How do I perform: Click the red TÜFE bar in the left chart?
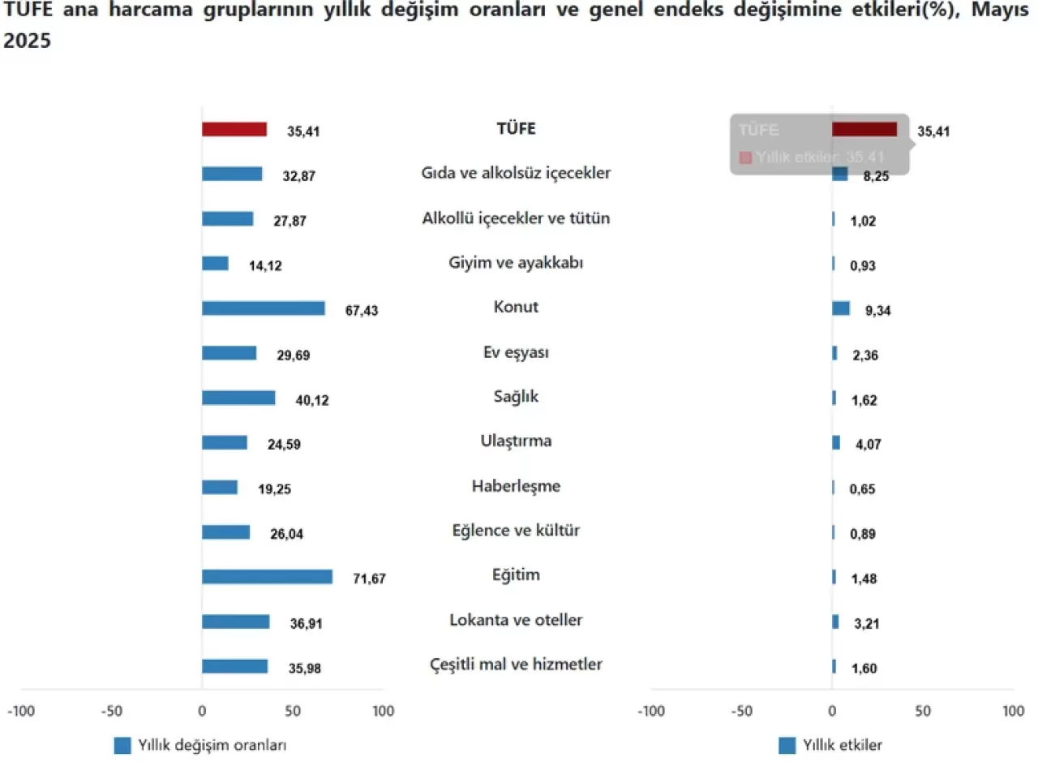(234, 129)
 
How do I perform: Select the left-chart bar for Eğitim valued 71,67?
(267, 576)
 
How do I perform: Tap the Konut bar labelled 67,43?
(263, 308)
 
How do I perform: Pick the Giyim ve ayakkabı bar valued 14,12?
(215, 263)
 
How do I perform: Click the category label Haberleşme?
(516, 486)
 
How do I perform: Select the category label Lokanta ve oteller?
(516, 620)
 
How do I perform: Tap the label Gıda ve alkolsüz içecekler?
(516, 173)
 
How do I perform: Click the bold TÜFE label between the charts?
(516, 128)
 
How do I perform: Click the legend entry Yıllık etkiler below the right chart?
(842, 745)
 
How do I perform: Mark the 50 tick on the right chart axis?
(923, 712)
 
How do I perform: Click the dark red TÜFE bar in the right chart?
(864, 129)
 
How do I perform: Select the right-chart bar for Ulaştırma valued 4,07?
(836, 442)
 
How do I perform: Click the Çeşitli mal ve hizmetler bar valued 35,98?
(234, 665)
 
